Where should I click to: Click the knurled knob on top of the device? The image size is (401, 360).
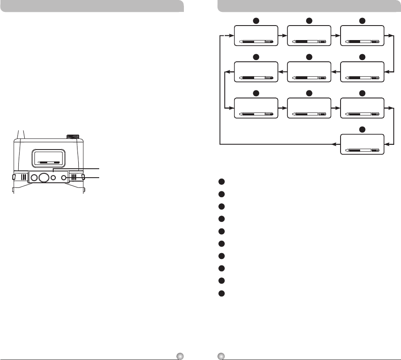[74, 137]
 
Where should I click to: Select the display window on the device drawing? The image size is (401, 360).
[48, 157]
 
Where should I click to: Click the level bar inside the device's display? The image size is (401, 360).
[48, 162]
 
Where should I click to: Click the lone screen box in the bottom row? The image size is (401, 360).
[362, 144]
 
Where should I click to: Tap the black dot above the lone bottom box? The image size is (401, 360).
[362, 129]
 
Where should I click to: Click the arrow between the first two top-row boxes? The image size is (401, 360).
[282, 32]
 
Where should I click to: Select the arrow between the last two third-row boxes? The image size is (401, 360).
[335, 108]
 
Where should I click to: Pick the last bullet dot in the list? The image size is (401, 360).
[221, 294]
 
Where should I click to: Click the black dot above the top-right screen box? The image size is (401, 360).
[362, 20]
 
